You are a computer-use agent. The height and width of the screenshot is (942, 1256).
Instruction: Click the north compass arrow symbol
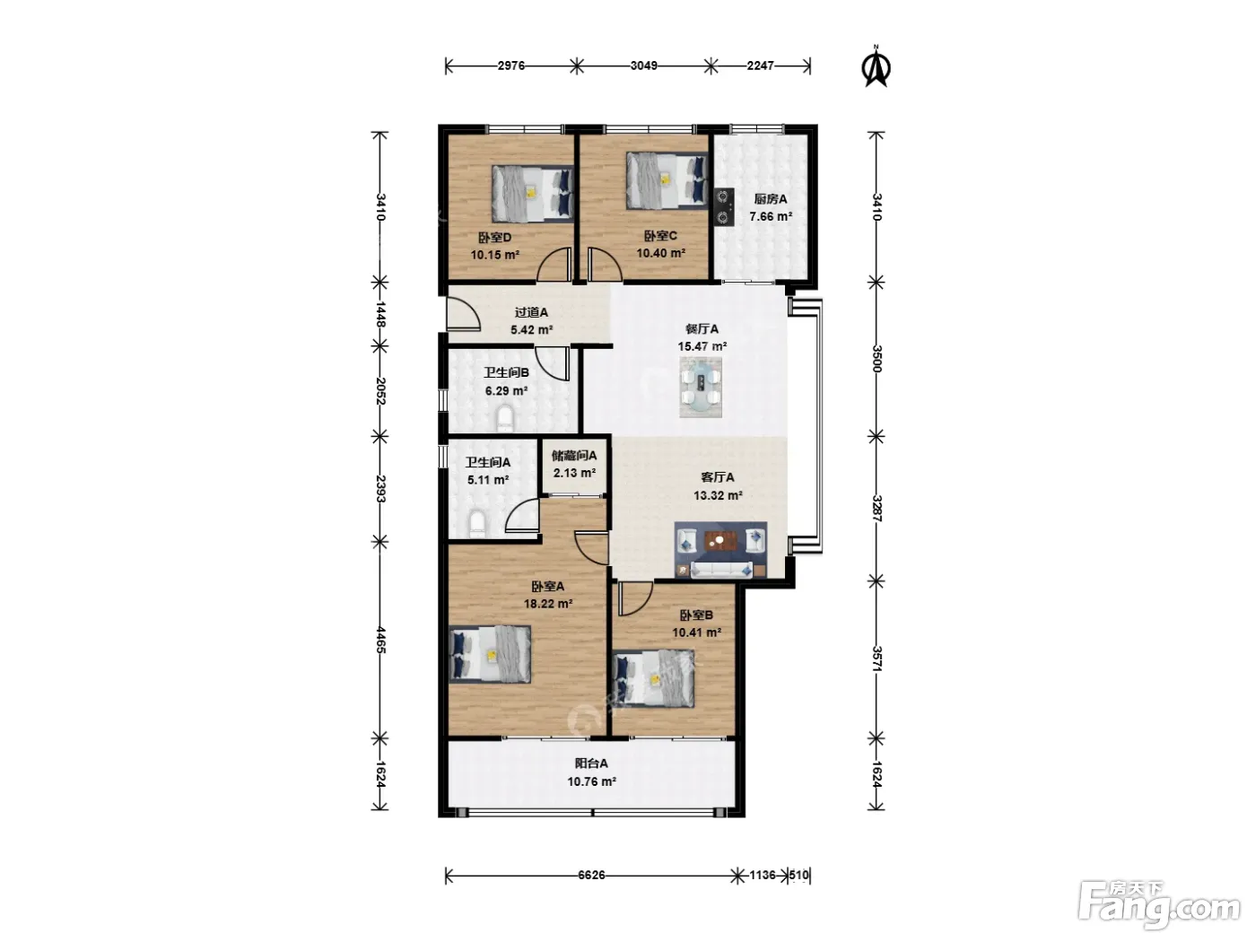(875, 67)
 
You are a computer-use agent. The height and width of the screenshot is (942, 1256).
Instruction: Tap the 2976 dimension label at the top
(510, 65)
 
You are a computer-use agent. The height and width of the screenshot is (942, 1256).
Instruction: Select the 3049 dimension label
(643, 65)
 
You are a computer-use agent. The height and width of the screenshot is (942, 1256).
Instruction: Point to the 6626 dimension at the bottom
(590, 875)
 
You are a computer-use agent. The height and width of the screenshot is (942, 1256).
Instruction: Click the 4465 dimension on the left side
(380, 640)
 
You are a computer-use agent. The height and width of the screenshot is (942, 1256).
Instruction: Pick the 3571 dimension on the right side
(877, 659)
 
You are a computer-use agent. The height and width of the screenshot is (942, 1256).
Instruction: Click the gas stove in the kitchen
(724, 206)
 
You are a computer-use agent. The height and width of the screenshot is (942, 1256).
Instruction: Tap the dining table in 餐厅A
(701, 388)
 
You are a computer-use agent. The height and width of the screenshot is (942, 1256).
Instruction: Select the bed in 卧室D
(532, 194)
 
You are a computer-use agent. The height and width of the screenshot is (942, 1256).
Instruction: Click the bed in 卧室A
(490, 654)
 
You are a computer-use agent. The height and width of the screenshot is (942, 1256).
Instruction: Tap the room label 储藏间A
(574, 455)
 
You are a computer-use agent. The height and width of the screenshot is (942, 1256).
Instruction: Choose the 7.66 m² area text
(771, 217)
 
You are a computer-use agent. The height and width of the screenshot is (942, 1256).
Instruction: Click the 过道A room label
(531, 312)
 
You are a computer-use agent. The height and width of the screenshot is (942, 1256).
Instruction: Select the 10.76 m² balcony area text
(591, 781)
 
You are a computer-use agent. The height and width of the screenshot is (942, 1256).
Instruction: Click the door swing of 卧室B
(634, 598)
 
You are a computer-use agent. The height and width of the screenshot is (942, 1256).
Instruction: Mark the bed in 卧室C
(667, 180)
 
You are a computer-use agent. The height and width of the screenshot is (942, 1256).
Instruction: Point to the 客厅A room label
(718, 477)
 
